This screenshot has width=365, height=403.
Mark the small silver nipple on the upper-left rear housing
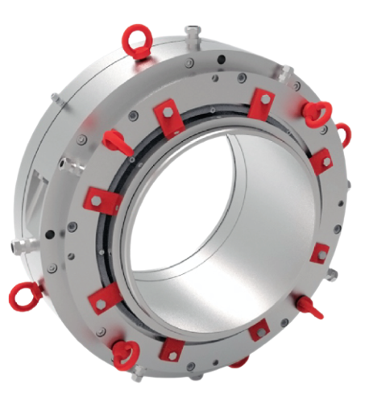[x=55, y=98]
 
